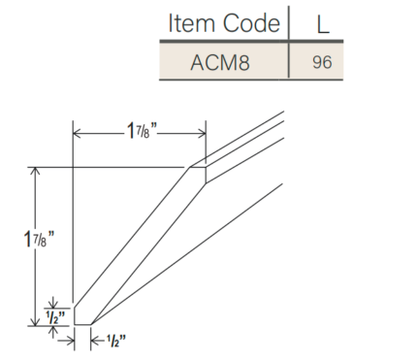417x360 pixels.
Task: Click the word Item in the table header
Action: (x=191, y=23)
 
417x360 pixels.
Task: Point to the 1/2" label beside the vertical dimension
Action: (x=56, y=316)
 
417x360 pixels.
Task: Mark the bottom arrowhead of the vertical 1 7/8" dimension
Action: (x=37, y=319)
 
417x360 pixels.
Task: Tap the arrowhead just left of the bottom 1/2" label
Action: (x=95, y=339)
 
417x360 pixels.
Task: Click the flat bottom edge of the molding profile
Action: (x=82, y=324)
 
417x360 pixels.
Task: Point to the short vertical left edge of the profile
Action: (x=74, y=313)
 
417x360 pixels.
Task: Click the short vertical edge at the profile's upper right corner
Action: (x=206, y=175)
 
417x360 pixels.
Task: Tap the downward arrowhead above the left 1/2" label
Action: (x=56, y=301)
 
